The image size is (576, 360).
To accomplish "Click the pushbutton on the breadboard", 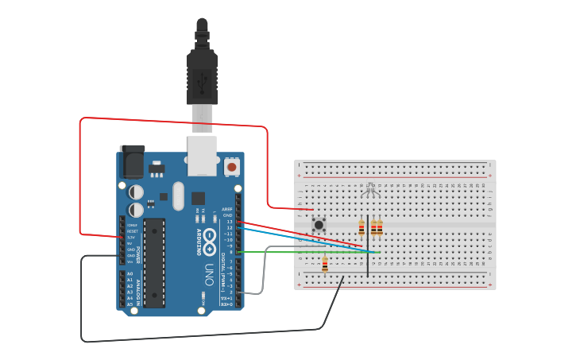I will tap(319, 224).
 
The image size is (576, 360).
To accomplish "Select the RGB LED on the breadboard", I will tap(369, 189).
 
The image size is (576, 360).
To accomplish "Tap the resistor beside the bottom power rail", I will tap(325, 265).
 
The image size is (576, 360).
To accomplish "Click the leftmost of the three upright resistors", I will tap(361, 228).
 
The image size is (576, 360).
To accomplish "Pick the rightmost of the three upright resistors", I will tap(380, 228).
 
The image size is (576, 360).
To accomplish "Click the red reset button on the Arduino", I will tap(231, 166).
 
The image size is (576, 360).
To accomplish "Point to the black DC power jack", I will tap(131, 164).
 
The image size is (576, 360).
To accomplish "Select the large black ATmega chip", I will tap(154, 262).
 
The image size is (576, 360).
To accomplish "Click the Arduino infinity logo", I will tap(210, 238).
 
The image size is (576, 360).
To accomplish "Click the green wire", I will tap(318, 252).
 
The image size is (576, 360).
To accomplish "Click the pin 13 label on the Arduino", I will tap(229, 222).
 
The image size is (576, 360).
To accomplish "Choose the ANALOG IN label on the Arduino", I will tap(138, 290).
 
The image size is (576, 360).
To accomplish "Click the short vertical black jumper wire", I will tap(367, 246).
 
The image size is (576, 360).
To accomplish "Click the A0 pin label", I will tap(130, 273).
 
